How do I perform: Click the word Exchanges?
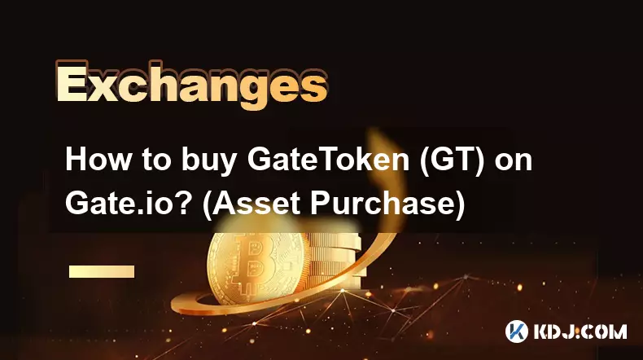tap(191, 85)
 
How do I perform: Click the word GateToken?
tap(328, 160)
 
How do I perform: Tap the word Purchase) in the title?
tap(387, 204)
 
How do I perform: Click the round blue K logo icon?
tap(516, 331)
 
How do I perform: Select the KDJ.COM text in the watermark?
tap(580, 331)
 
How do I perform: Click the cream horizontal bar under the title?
tap(102, 271)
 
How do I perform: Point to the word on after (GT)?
tap(514, 161)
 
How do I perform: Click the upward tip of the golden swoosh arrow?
tap(378, 132)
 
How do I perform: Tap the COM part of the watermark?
tap(606, 331)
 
